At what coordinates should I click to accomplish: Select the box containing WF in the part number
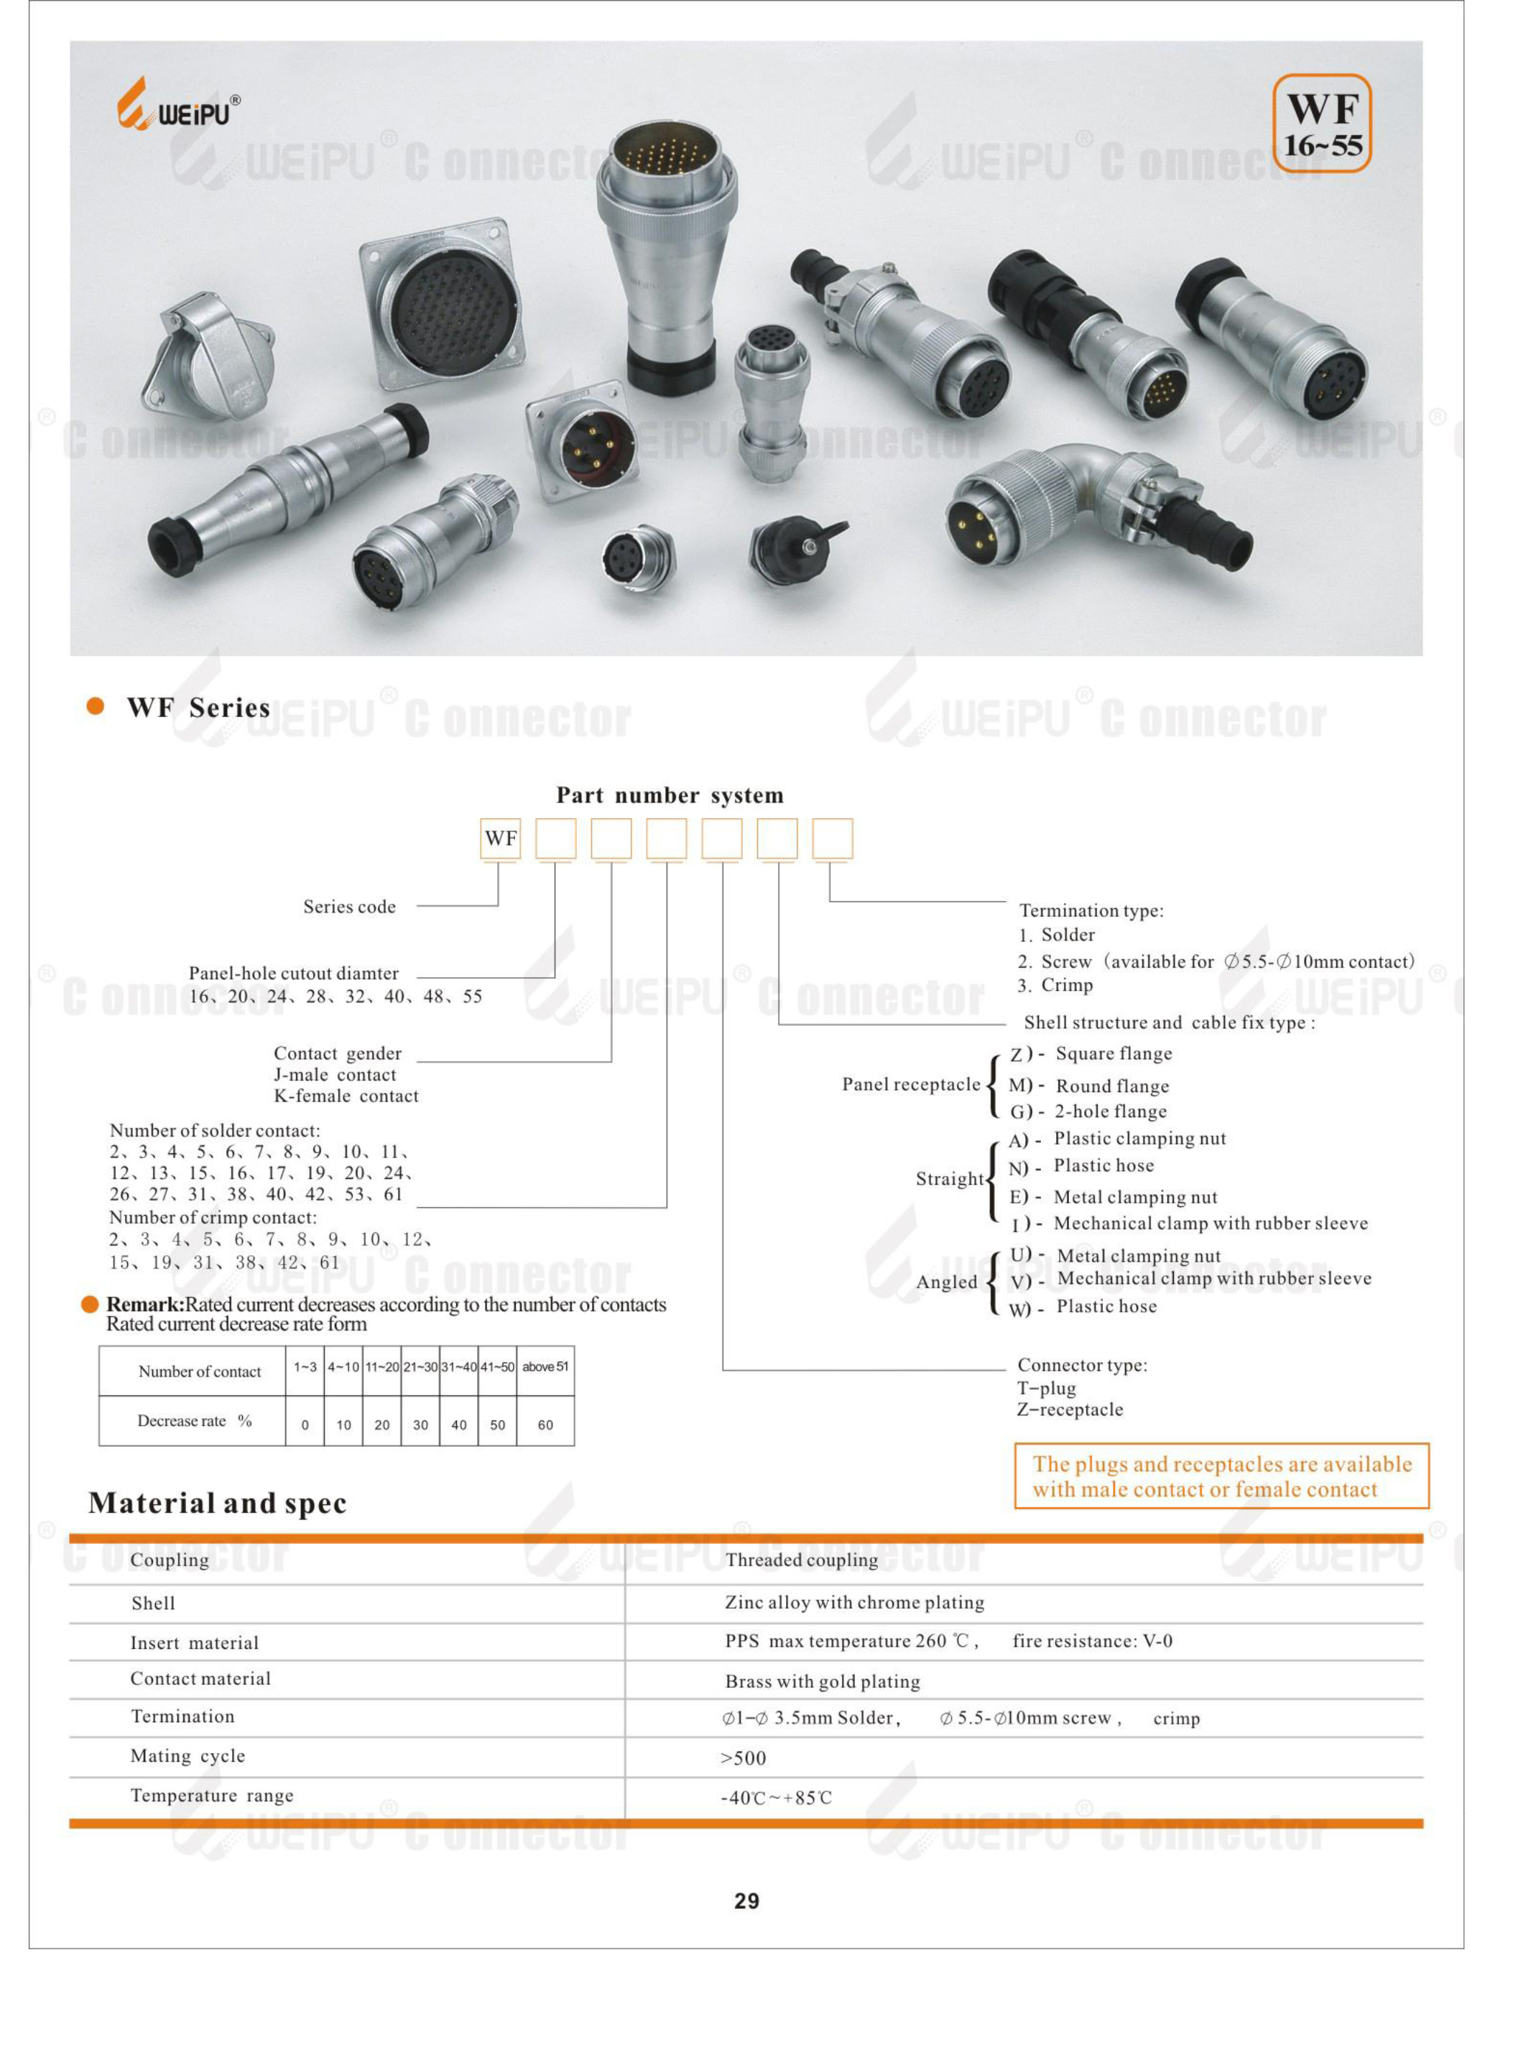pos(500,838)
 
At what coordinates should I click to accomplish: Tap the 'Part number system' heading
pos(670,795)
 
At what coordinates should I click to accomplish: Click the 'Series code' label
pos(349,907)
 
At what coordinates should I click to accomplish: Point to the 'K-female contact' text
pos(346,1096)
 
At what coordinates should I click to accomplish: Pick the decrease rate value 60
pos(545,1425)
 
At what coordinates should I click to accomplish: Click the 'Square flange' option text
pos(1114,1053)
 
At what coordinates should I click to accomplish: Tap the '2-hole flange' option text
pos(1111,1111)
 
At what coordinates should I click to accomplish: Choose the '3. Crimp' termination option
pos(1055,986)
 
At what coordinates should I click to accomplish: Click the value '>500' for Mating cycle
pos(743,1758)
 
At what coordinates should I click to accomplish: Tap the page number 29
pos(746,1901)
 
